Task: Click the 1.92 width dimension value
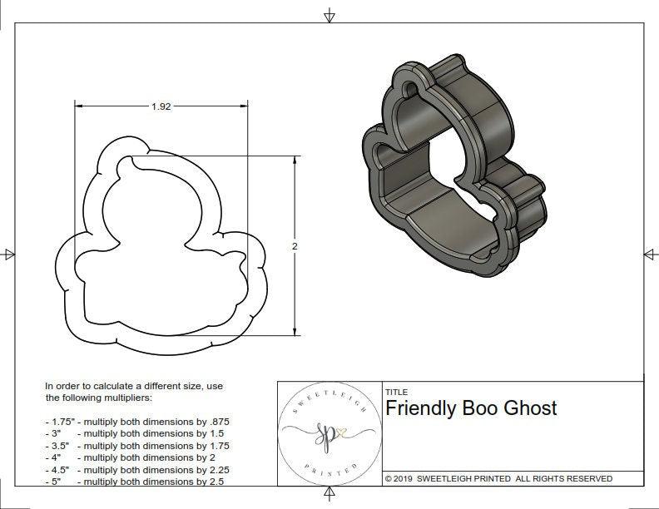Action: pos(162,106)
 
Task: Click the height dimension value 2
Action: pos(295,246)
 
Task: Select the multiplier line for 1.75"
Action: pos(137,422)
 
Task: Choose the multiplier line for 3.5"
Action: pos(137,445)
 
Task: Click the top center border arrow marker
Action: pos(330,16)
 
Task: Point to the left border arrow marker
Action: pos(9,254)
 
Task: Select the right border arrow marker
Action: pos(650,254)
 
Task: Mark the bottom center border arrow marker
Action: pos(330,495)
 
